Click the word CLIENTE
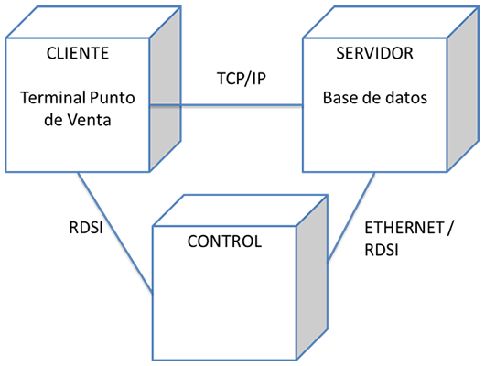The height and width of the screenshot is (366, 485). [x=78, y=53]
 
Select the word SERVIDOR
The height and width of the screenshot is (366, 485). [x=374, y=53]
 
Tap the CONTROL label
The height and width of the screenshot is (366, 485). [x=224, y=242]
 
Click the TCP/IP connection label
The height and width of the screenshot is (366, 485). [x=242, y=79]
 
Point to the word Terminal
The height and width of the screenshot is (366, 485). [x=52, y=98]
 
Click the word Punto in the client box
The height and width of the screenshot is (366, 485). [x=112, y=99]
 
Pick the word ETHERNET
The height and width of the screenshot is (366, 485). [x=404, y=228]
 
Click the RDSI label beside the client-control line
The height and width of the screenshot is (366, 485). [x=86, y=228]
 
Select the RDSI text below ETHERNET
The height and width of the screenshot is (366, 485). [x=382, y=250]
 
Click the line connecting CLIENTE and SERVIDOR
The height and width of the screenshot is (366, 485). [x=226, y=105]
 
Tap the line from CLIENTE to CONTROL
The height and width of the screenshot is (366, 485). [x=115, y=232]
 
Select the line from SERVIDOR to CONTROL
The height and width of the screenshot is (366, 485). [x=351, y=216]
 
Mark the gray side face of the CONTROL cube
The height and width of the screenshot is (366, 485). [x=312, y=277]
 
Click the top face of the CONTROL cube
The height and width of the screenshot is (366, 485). [x=241, y=210]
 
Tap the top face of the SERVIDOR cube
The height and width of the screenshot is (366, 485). [x=391, y=22]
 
